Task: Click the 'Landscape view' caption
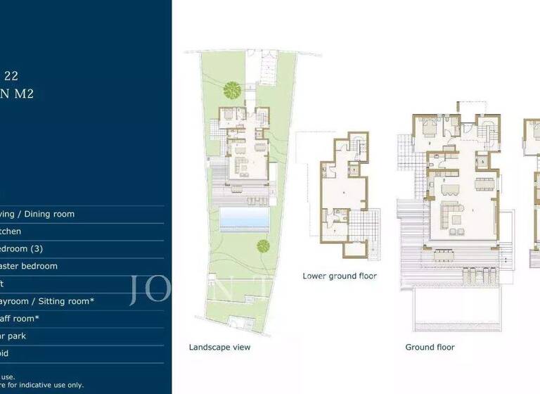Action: click(x=219, y=347)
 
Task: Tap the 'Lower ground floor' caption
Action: click(x=340, y=276)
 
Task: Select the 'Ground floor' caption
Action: click(x=430, y=347)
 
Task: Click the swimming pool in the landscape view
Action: click(x=244, y=220)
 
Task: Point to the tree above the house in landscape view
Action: click(x=231, y=89)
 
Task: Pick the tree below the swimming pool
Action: click(x=263, y=246)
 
